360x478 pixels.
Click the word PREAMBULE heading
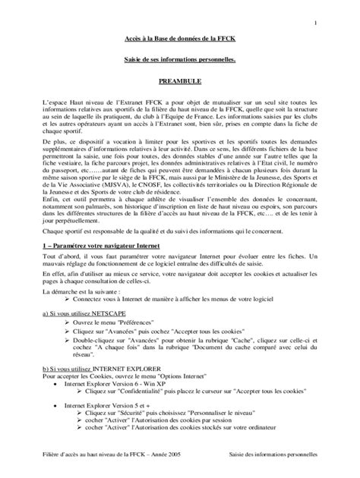coord(179,79)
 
